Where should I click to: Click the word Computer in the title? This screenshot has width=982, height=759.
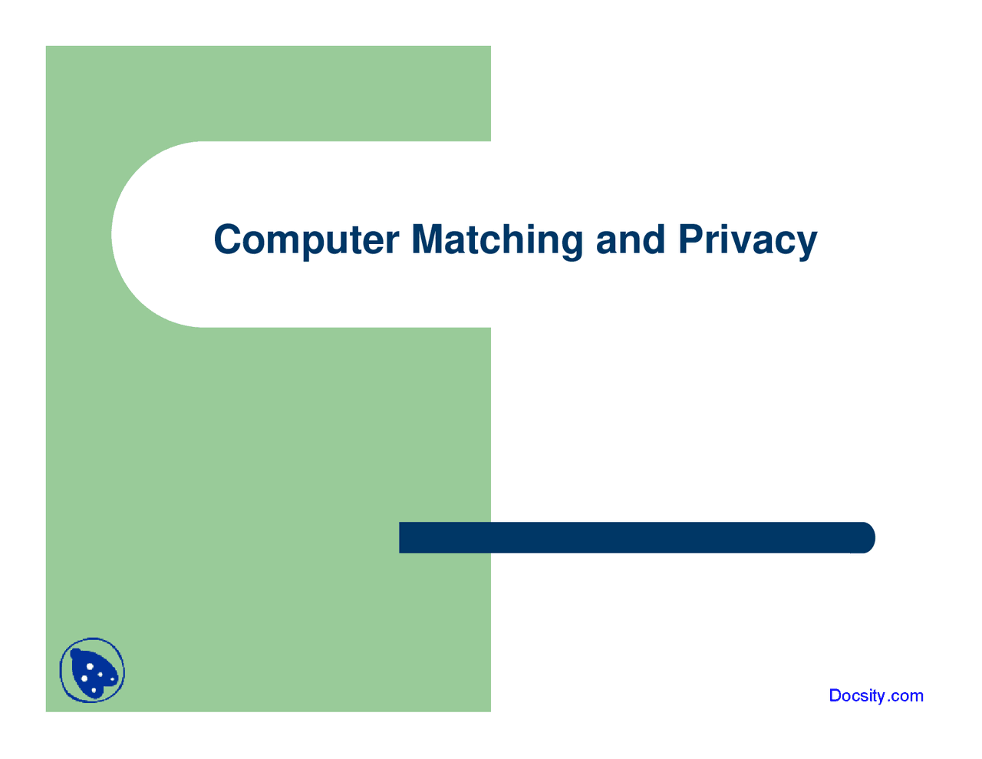(306, 239)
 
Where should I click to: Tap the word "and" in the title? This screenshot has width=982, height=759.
(630, 239)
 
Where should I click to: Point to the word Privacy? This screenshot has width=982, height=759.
(747, 239)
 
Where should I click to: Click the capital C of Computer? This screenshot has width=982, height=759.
(228, 239)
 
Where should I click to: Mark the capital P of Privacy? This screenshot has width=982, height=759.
(690, 239)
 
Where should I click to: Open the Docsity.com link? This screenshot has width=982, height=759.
(876, 696)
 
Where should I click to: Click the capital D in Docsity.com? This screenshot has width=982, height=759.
(836, 696)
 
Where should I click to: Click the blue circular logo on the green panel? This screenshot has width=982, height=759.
(92, 671)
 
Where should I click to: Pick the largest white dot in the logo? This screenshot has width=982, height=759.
(90, 666)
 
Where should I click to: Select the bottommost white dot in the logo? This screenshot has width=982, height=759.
(94, 690)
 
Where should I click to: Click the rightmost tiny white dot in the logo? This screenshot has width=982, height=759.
(112, 679)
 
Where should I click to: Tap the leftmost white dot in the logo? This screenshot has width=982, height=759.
(84, 678)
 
